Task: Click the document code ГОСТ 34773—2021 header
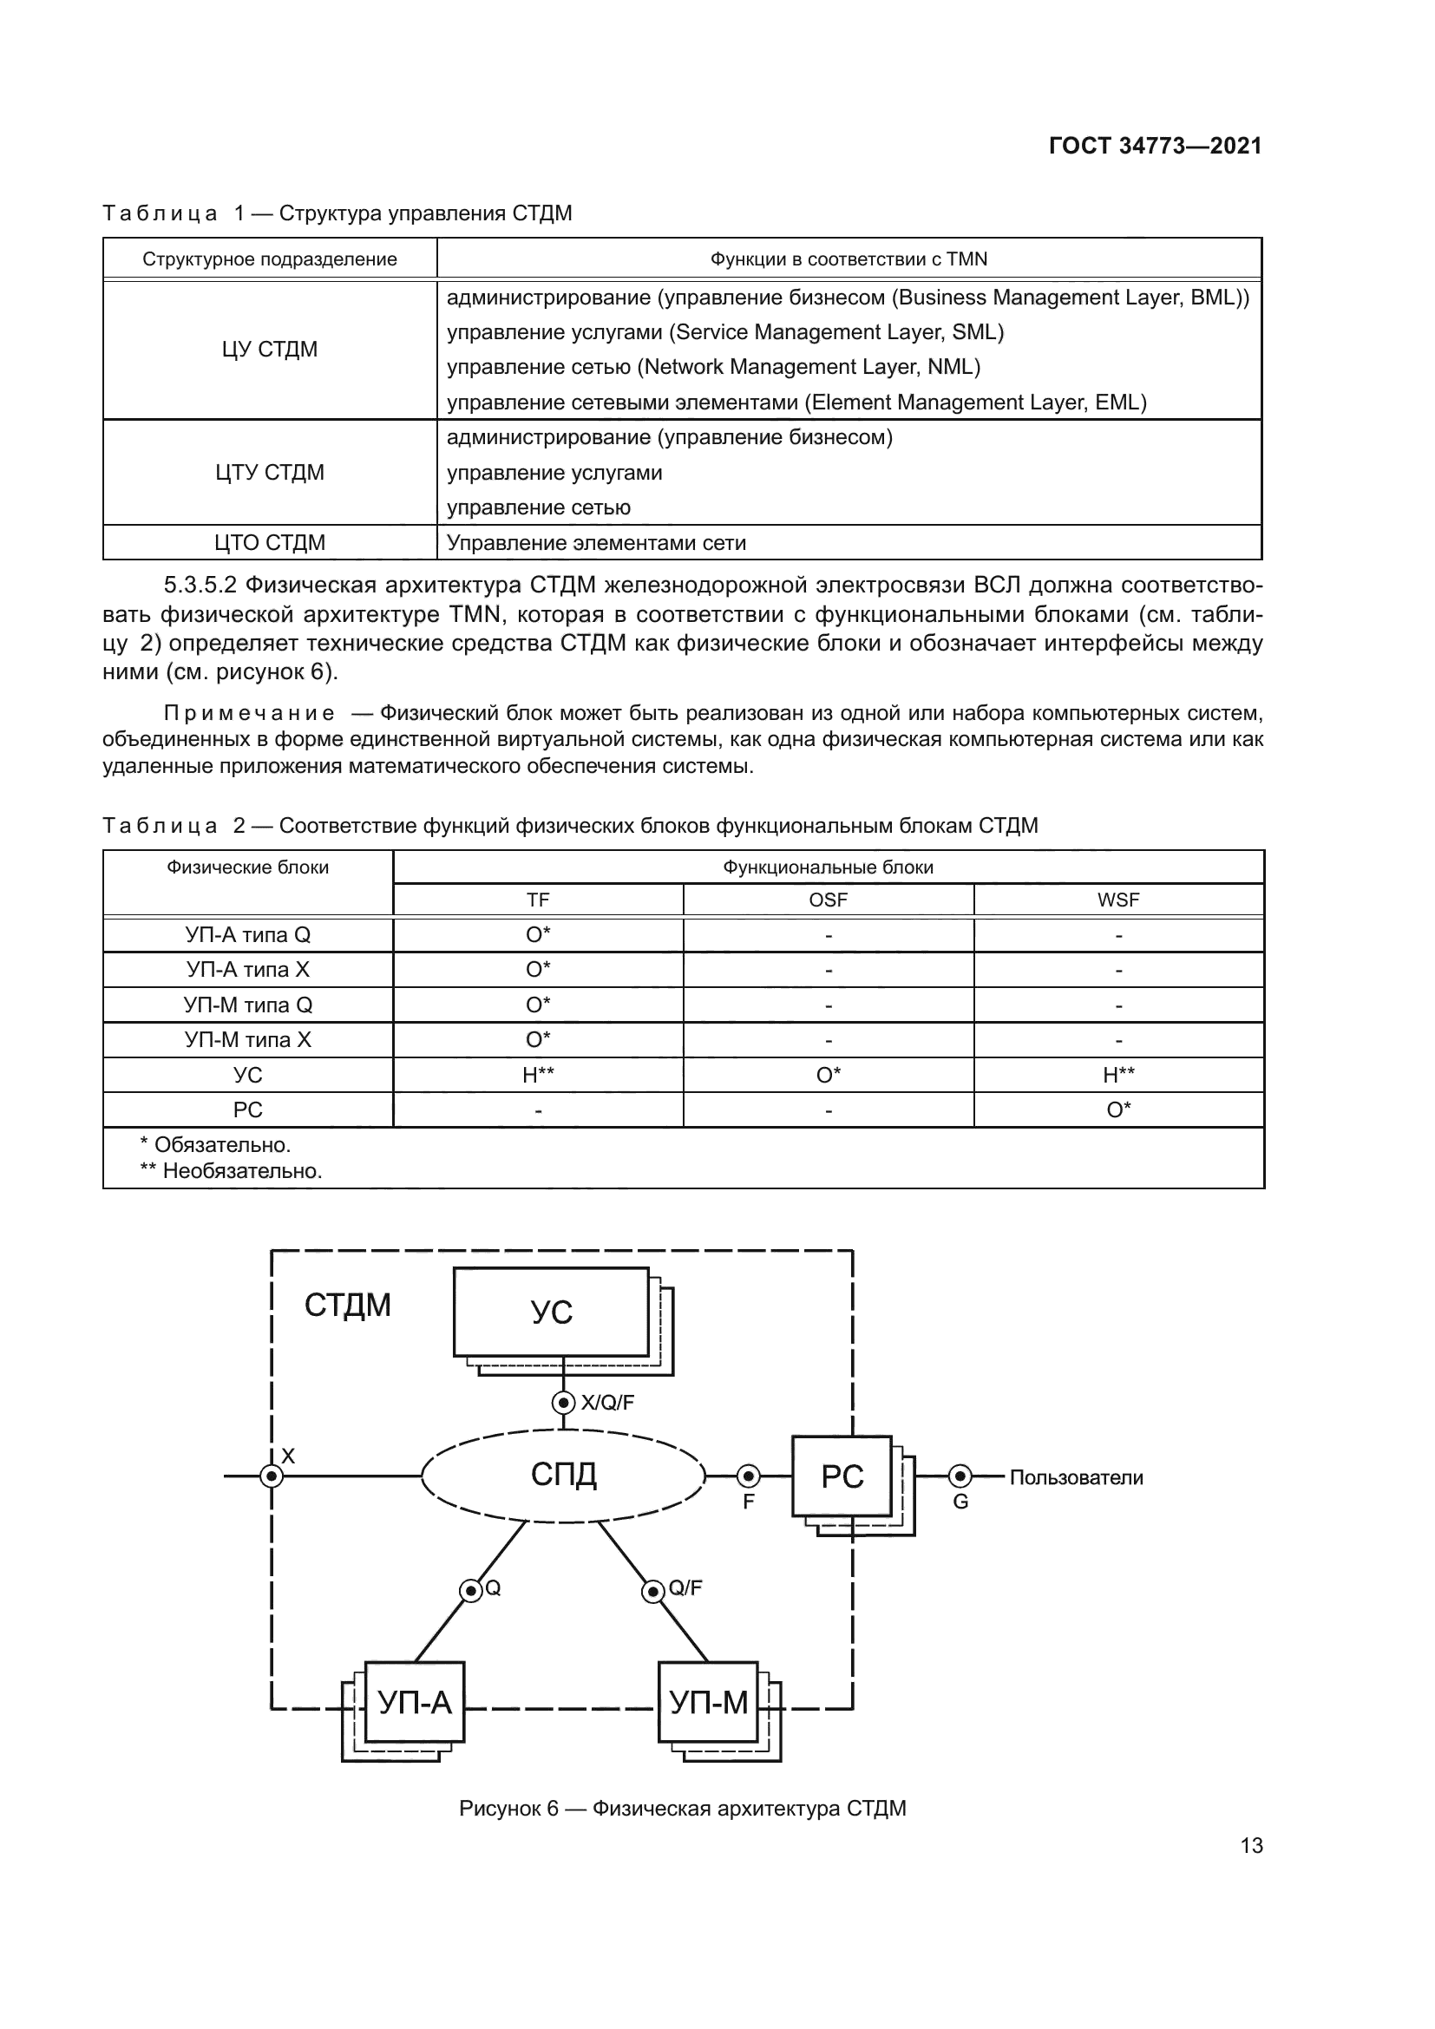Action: click(x=1155, y=146)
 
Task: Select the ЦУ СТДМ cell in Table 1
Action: click(x=270, y=349)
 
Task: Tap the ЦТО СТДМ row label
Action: click(x=270, y=542)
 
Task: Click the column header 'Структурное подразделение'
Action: click(x=270, y=259)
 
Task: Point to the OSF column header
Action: click(x=828, y=900)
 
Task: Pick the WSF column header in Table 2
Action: click(x=1117, y=900)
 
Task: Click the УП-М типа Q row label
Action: click(x=247, y=1005)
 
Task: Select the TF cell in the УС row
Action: click(x=537, y=1075)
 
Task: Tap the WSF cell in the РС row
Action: click(x=1117, y=1109)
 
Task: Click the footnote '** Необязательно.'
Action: click(x=232, y=1171)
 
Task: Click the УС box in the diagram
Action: click(x=552, y=1312)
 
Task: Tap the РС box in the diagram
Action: click(x=842, y=1476)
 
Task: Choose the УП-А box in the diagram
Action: click(x=415, y=1702)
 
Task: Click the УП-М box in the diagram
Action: click(x=709, y=1702)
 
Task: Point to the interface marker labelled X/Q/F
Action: click(x=564, y=1402)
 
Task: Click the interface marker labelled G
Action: click(x=960, y=1476)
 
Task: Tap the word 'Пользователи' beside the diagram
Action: click(x=1076, y=1477)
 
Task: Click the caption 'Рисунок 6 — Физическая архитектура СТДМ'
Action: click(x=682, y=1809)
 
